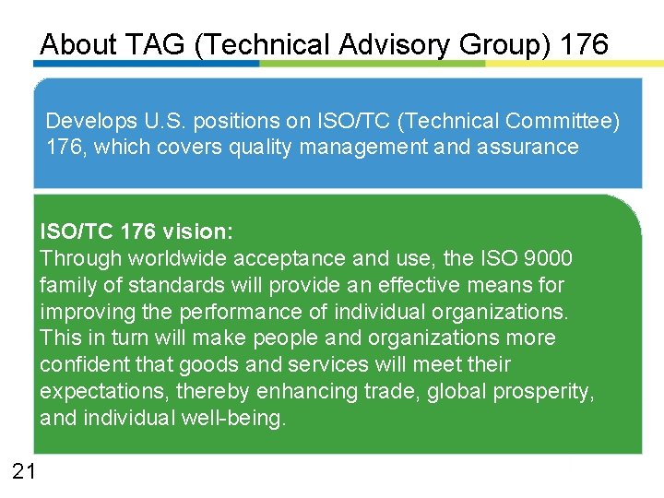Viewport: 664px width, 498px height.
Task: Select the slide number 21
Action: coord(24,472)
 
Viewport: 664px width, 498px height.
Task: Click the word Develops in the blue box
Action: coord(89,121)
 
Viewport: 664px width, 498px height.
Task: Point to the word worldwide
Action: coord(180,258)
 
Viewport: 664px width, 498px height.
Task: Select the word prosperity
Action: coord(544,392)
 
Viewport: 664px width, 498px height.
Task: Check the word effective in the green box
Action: coord(430,285)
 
